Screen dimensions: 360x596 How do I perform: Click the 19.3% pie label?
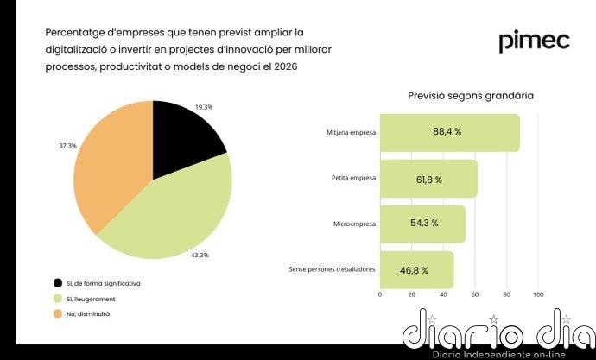(x=204, y=107)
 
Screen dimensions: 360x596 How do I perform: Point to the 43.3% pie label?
(x=200, y=256)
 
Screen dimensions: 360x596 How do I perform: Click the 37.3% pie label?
(x=67, y=146)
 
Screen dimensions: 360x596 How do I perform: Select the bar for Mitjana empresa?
(x=449, y=133)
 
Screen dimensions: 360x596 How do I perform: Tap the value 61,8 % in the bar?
(x=426, y=180)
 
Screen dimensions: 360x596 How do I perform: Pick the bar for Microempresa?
(x=422, y=224)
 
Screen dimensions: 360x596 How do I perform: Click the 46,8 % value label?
(x=413, y=270)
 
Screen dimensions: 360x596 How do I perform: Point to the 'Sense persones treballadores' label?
(x=332, y=269)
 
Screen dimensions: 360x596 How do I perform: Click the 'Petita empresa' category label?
(x=353, y=179)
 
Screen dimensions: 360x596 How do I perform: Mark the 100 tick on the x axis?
(x=538, y=294)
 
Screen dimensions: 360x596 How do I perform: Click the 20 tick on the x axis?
(x=411, y=294)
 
